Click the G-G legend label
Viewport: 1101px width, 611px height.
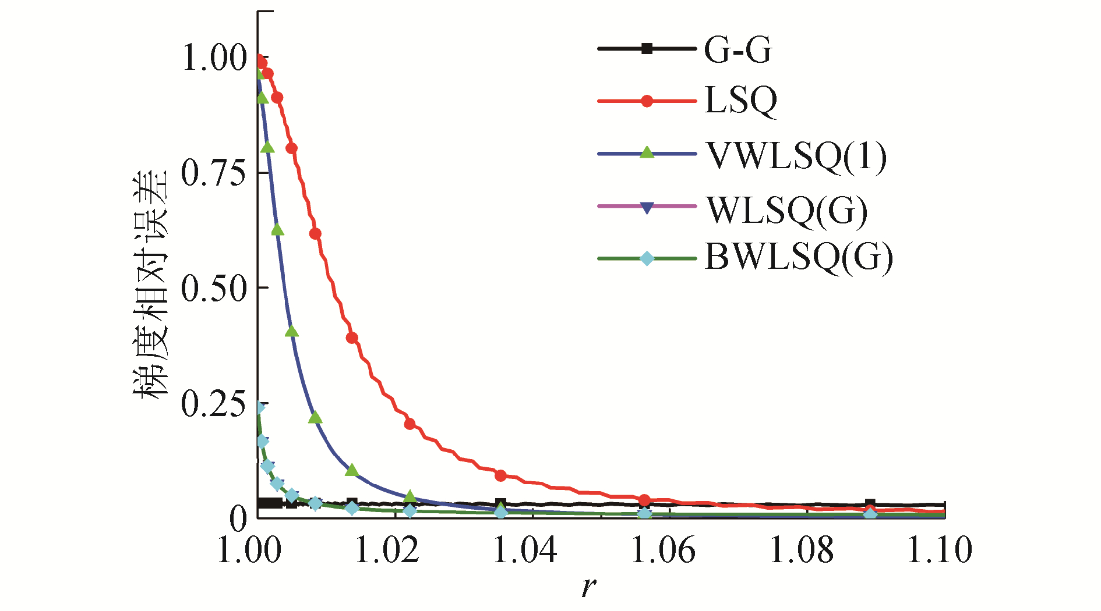point(738,50)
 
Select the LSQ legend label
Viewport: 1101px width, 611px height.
point(740,101)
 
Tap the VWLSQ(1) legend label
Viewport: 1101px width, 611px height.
point(796,155)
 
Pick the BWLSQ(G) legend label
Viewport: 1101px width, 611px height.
point(799,258)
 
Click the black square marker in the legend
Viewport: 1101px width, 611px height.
point(647,49)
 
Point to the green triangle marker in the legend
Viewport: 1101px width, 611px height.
point(647,153)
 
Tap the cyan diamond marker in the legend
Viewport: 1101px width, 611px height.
point(647,258)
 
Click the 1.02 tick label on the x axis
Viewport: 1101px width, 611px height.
point(387,550)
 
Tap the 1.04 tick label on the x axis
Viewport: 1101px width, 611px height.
point(525,550)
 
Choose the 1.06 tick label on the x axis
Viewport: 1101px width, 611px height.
point(664,550)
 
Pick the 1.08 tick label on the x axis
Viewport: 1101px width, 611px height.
point(802,550)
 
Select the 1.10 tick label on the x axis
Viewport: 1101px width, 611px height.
point(940,550)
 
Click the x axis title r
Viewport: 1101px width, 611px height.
point(589,587)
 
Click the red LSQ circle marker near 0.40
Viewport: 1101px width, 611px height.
point(352,338)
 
